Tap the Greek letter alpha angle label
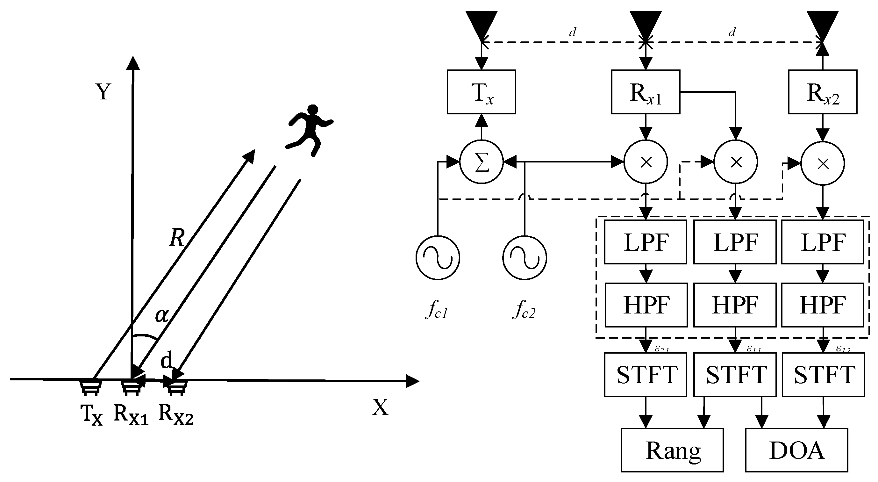[x=161, y=315]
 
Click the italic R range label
[x=177, y=238]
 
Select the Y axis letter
[x=103, y=92]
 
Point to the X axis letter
[x=380, y=407]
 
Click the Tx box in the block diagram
[x=481, y=92]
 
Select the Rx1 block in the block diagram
[x=645, y=92]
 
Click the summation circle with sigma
[x=481, y=162]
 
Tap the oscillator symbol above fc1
[x=438, y=258]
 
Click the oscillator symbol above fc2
[x=525, y=258]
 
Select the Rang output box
[x=672, y=450]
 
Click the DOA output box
[x=796, y=450]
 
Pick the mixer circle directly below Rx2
[x=823, y=164]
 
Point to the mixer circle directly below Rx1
[x=646, y=162]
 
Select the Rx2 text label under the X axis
[x=176, y=414]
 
